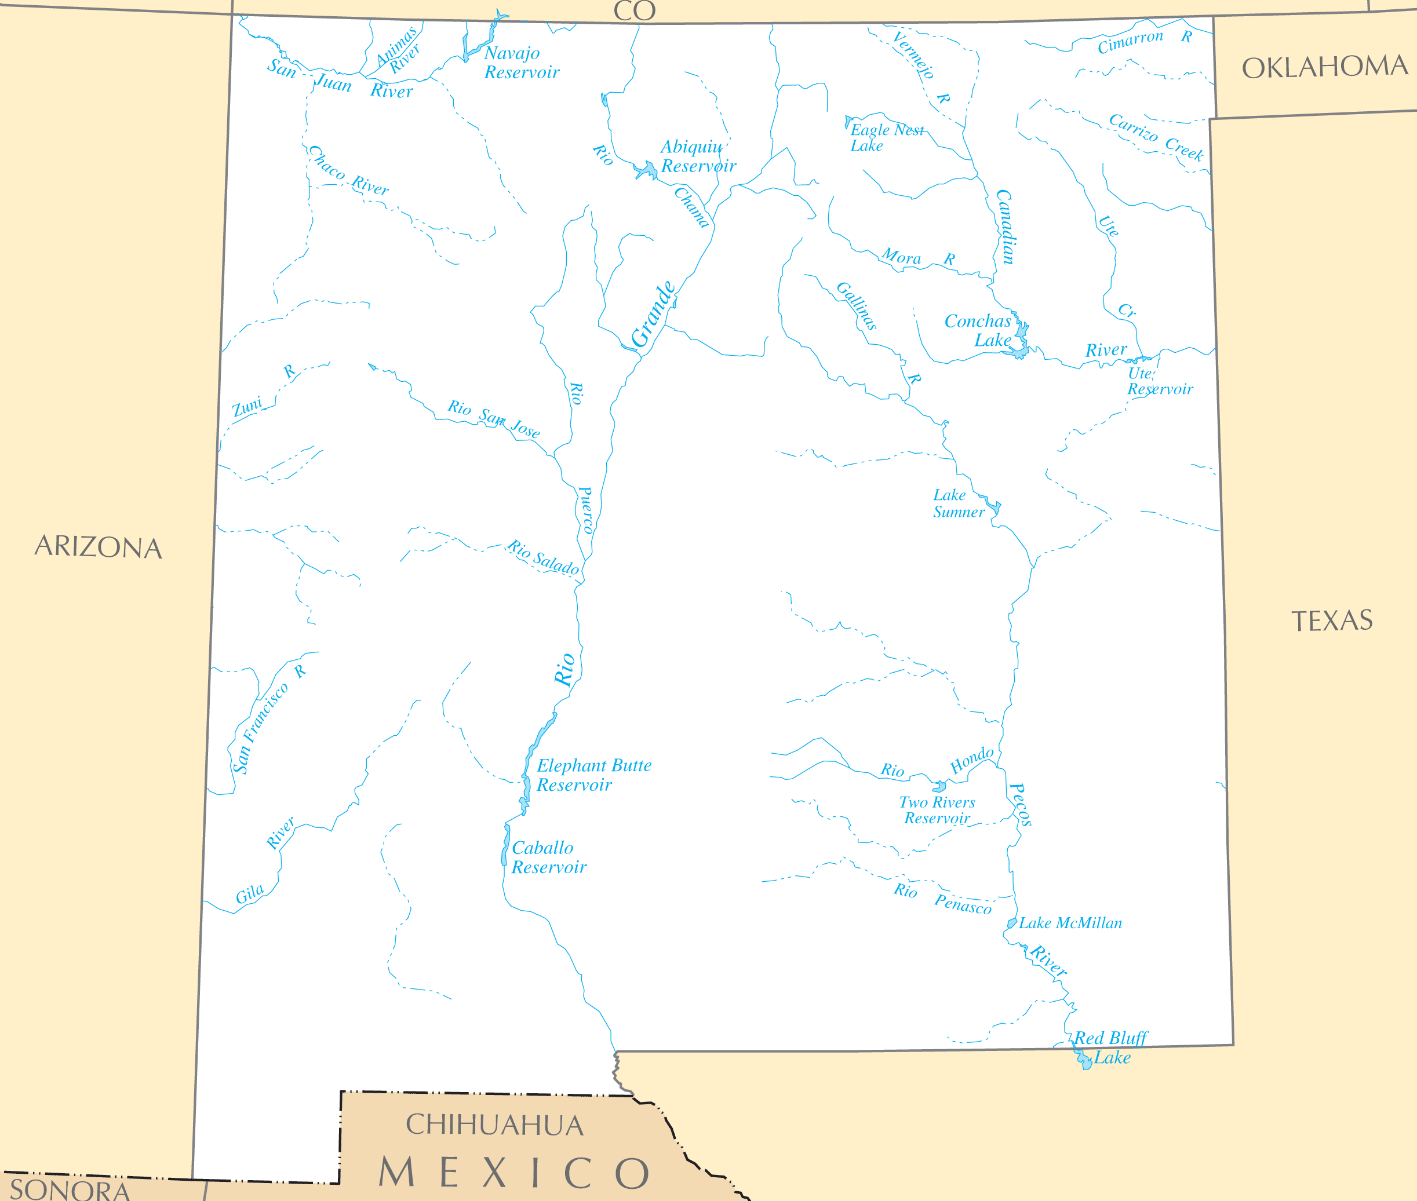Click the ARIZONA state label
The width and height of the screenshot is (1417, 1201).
(98, 547)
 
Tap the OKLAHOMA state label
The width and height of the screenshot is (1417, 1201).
(1324, 67)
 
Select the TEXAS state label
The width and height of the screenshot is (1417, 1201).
(1332, 620)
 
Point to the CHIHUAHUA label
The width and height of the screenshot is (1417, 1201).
(494, 1126)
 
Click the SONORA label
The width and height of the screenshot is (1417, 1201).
(70, 1189)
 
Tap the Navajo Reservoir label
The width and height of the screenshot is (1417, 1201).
(521, 63)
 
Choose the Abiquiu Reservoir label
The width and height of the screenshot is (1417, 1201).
(698, 156)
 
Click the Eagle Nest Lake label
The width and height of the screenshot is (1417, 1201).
(885, 137)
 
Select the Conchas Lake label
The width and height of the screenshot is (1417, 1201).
(978, 330)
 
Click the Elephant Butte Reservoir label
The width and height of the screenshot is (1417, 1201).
(593, 775)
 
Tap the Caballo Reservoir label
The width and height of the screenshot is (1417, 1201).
(548, 857)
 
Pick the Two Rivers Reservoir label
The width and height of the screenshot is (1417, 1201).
(937, 810)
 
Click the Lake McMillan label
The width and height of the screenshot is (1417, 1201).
(1070, 923)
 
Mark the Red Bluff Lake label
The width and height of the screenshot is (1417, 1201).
(1110, 1048)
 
